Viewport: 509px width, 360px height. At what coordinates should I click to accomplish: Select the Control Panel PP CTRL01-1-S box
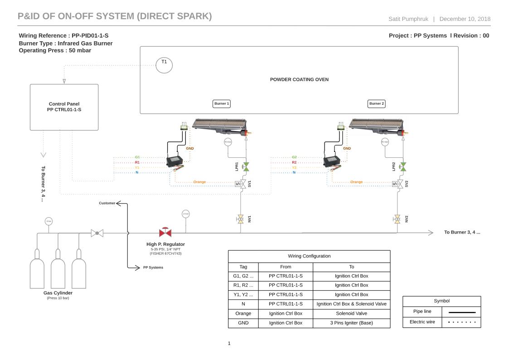64,107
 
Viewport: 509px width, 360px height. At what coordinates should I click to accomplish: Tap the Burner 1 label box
222,104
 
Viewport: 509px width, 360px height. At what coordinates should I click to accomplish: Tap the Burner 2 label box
376,104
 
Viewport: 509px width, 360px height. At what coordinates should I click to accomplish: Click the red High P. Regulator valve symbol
165,233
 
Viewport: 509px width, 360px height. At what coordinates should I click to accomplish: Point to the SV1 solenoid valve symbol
242,184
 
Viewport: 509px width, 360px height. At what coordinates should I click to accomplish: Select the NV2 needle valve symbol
398,219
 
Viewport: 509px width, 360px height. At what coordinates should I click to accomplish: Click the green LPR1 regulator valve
246,167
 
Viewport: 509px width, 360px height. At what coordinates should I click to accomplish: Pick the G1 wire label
137,157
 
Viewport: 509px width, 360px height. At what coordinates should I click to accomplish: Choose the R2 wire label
294,162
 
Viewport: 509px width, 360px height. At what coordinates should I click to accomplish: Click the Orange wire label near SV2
356,182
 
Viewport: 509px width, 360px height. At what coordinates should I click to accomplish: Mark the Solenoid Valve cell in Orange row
351,313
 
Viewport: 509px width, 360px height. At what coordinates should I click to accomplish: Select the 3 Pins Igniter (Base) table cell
351,323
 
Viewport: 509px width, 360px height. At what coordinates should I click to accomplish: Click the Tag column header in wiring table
243,267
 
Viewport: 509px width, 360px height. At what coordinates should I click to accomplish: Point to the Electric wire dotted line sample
461,322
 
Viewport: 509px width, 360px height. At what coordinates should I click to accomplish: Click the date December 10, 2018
465,19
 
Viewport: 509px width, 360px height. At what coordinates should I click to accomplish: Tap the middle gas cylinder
58,272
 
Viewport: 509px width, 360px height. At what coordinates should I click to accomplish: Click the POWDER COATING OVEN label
299,79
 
